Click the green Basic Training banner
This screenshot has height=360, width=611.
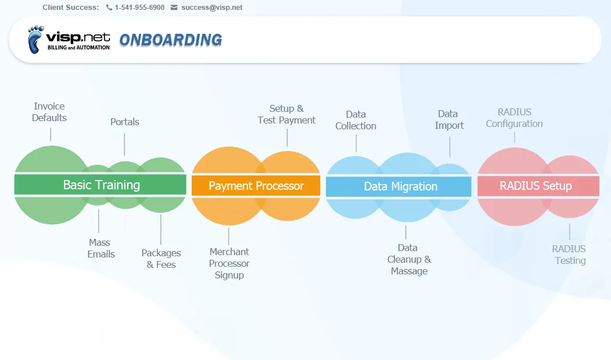100,185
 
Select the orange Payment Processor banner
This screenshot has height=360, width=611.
256,186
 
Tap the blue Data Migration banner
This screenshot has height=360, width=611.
398,186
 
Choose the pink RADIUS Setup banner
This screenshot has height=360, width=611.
538,186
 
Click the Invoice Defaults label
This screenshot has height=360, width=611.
49,112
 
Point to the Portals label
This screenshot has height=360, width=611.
125,122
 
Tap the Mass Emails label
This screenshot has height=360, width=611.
101,248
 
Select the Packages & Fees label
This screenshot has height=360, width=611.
161,259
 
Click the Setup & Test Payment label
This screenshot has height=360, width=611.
287,114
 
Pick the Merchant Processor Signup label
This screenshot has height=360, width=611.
229,263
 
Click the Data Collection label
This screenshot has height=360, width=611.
356,120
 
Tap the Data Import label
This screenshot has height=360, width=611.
449,119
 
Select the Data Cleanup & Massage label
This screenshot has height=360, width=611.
409,259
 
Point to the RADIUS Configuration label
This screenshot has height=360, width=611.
514,118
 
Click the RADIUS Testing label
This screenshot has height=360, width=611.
569,255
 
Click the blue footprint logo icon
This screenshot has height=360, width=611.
36,40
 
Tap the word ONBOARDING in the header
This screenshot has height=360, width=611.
171,40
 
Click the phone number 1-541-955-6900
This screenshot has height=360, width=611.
140,8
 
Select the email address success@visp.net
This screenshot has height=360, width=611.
211,8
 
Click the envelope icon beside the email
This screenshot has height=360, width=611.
174,8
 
